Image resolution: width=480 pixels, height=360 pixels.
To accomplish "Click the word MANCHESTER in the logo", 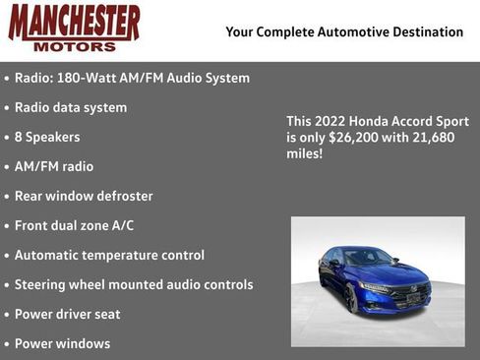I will point(74,22).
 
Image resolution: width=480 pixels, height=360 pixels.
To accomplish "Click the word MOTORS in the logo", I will point(74,45).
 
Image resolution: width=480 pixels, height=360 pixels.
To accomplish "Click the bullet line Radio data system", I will point(70,107).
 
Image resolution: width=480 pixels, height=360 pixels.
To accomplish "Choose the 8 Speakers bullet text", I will point(47,137).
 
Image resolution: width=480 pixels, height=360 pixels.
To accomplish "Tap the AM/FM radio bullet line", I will point(54,166).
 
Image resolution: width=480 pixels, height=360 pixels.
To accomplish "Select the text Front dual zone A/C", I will point(74,225).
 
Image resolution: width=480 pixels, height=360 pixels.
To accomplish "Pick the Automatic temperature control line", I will point(109,255).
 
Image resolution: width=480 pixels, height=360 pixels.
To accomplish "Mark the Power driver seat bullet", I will point(76,314).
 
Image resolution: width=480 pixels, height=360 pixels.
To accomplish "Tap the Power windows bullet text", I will point(62,343).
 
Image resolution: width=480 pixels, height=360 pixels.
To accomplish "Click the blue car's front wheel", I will point(351,297).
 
